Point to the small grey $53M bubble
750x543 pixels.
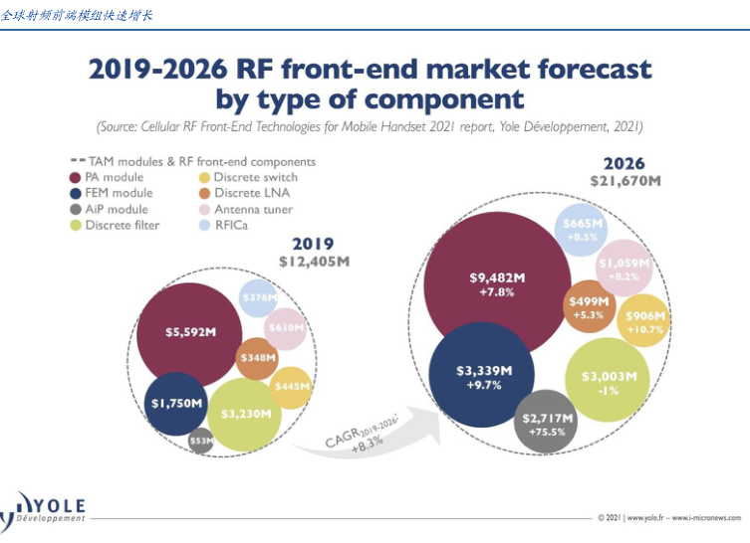pos(201,441)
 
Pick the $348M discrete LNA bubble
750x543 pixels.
pos(257,357)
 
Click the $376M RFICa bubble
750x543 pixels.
pos(259,297)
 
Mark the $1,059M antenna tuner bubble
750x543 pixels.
pos(624,266)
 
